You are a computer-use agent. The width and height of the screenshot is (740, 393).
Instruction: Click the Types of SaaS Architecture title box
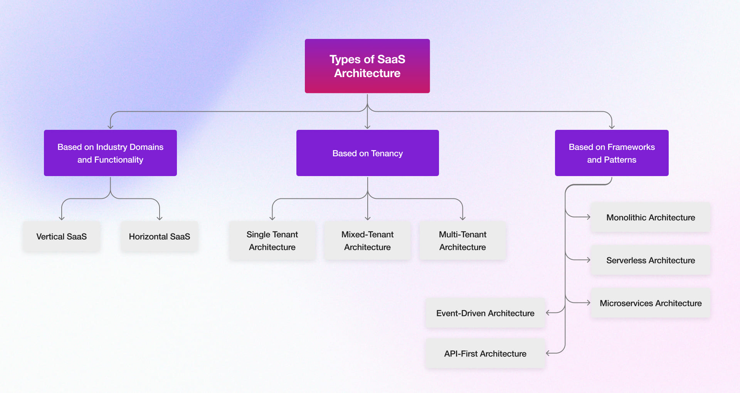point(367,66)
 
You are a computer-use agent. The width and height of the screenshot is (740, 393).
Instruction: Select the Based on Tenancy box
point(367,153)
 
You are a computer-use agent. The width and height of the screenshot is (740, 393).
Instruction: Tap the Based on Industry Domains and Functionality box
point(110,153)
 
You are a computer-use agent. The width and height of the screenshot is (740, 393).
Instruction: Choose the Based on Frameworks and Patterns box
point(612,153)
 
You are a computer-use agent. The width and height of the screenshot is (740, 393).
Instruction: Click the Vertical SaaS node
point(62,237)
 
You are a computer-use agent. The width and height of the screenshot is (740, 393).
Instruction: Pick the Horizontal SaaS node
point(159,237)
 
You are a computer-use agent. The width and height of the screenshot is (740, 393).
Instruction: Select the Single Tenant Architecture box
point(272,241)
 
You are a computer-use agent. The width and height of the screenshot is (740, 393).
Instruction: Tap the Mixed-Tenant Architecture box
point(367,241)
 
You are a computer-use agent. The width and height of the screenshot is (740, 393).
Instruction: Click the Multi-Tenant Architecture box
point(462,241)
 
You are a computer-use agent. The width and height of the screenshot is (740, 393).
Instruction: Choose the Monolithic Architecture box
point(651,217)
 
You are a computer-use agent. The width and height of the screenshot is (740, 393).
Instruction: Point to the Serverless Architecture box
point(651,260)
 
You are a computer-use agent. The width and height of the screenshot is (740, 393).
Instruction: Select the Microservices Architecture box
point(651,303)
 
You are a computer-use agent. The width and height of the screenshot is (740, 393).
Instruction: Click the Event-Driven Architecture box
point(485,313)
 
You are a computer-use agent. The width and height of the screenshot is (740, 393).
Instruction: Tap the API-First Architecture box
point(485,354)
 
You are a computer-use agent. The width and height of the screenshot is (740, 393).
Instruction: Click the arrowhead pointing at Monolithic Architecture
point(589,217)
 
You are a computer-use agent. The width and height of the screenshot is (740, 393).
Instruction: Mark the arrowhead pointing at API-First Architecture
point(548,353)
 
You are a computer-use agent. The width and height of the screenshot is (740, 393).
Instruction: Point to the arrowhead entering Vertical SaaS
point(62,218)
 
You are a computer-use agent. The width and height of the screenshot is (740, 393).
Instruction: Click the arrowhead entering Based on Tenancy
point(367,127)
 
